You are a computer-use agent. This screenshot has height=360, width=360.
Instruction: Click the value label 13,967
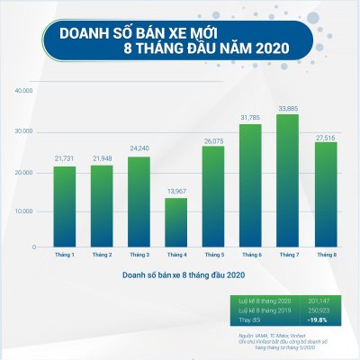tap(175, 191)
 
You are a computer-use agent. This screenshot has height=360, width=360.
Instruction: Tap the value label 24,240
tap(139, 149)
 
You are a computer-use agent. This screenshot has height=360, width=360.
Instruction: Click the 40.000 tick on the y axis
tap(24, 92)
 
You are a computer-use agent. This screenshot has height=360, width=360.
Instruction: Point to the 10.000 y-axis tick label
tap(24, 211)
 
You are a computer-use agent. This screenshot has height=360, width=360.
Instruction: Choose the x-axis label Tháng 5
tap(213, 256)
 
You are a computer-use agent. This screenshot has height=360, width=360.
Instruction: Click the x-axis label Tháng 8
tap(325, 256)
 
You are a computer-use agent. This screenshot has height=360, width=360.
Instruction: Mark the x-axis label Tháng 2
tap(101, 256)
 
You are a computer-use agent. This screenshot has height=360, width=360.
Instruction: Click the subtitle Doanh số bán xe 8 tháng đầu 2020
tap(180, 274)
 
